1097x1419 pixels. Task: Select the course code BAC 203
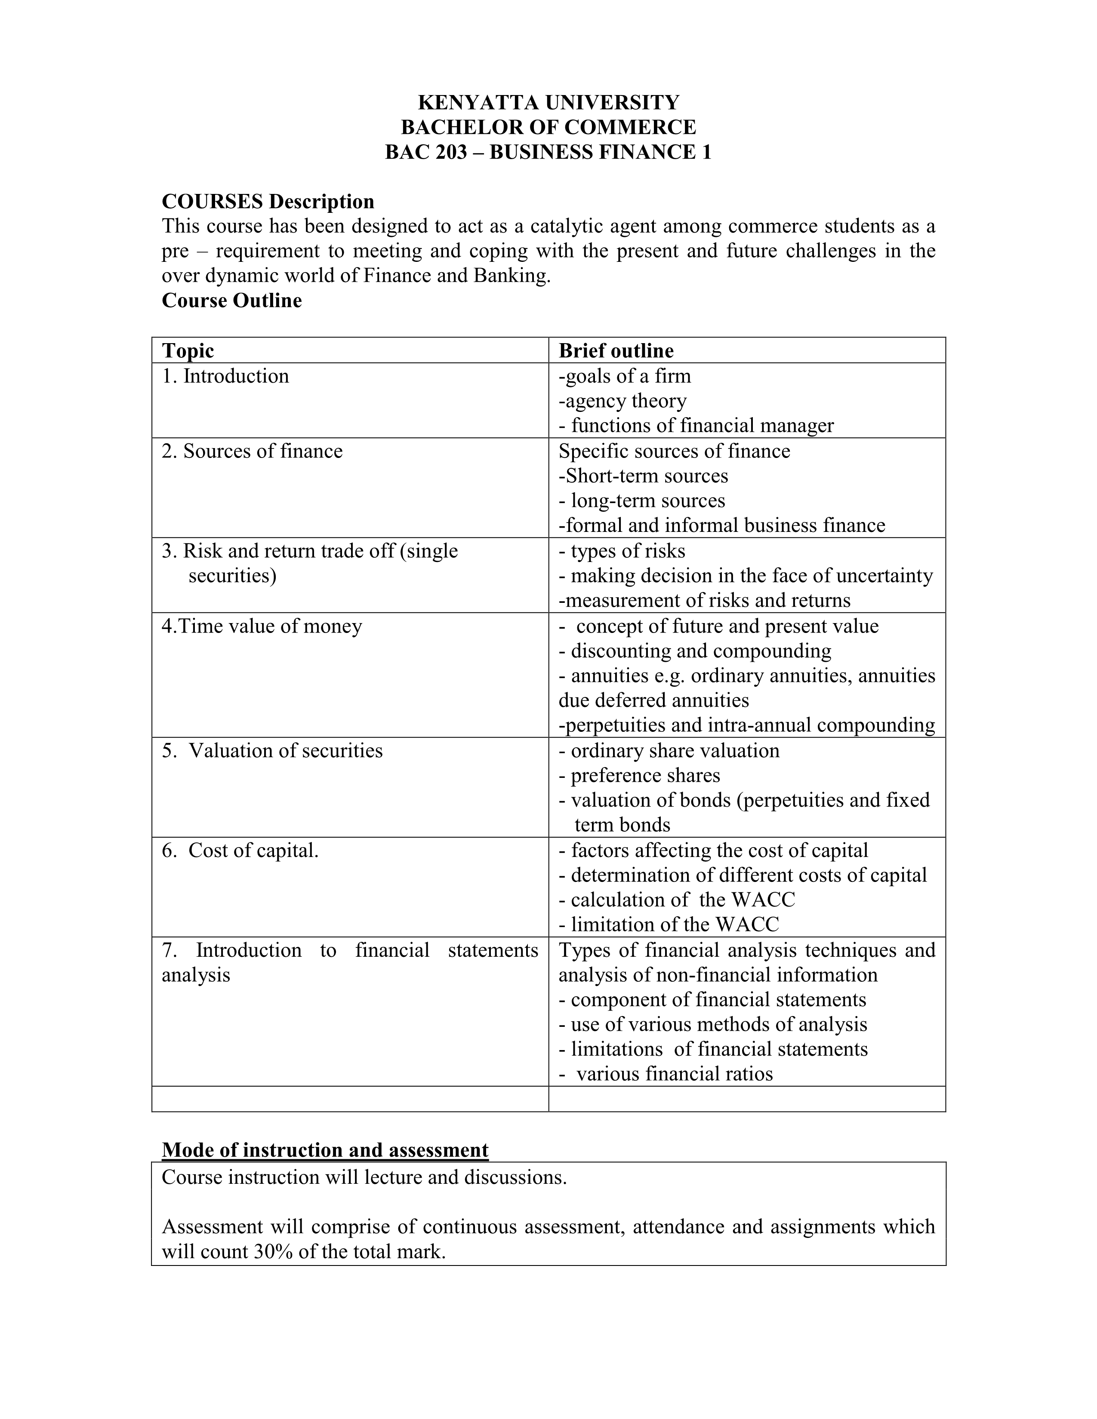pos(425,152)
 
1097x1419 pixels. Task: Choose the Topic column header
pos(188,351)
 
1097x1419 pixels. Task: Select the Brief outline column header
pos(616,351)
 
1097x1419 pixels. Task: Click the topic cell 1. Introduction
pos(225,376)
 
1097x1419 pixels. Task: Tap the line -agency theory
pos(622,401)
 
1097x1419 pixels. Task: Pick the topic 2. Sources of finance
pos(252,451)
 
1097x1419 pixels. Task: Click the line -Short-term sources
pos(643,476)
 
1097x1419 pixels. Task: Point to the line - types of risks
pos(621,551)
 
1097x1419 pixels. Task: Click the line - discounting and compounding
pos(694,651)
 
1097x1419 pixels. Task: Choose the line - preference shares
pos(639,776)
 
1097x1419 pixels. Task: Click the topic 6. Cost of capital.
pos(240,851)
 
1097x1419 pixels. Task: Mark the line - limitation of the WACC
pos(668,924)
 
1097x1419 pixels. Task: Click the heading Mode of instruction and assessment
pos(325,1149)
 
